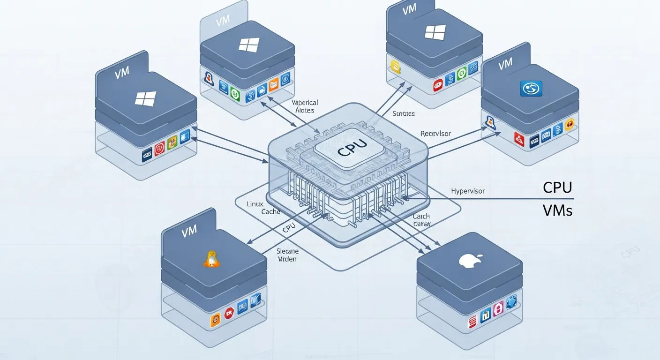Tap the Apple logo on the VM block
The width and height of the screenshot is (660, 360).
(x=468, y=261)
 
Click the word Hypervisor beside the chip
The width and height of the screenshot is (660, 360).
(x=467, y=191)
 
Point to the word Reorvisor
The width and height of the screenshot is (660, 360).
(x=435, y=134)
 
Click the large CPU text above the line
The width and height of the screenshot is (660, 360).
(x=557, y=187)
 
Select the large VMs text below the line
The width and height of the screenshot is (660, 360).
(x=557, y=210)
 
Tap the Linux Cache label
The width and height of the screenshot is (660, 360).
(x=263, y=208)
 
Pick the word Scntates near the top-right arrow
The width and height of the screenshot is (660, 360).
(x=404, y=113)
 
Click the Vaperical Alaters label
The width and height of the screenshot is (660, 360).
(x=305, y=106)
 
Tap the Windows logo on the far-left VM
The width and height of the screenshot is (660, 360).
(x=145, y=98)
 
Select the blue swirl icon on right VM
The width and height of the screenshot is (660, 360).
(x=531, y=88)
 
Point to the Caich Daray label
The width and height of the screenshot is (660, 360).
(x=421, y=220)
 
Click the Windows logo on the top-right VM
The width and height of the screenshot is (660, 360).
(x=435, y=32)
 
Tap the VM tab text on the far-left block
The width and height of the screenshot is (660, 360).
(x=121, y=73)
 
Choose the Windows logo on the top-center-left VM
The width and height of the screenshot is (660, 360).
(x=248, y=45)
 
